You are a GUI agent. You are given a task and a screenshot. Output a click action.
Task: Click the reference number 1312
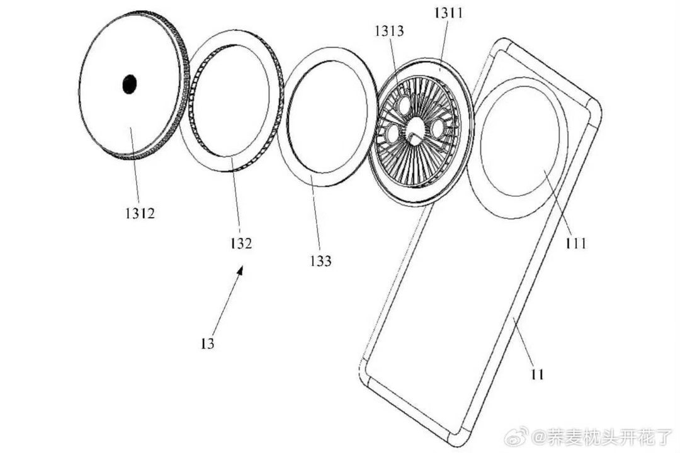(x=140, y=213)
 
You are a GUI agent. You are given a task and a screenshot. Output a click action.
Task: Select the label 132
(x=241, y=243)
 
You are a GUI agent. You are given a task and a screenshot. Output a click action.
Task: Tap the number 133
(x=320, y=261)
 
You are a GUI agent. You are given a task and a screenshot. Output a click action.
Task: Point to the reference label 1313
(x=390, y=31)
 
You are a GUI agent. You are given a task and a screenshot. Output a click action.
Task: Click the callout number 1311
(x=448, y=13)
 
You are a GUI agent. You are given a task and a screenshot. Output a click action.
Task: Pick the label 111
(x=575, y=243)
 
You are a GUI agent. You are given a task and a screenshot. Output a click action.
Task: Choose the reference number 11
(x=537, y=374)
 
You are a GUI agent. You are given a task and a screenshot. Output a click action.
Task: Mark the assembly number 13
(x=208, y=344)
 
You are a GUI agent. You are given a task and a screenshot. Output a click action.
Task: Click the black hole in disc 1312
(x=129, y=84)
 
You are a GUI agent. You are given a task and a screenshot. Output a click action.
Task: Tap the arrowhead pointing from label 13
(x=240, y=271)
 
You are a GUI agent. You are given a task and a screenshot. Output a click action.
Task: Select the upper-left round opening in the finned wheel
(x=404, y=105)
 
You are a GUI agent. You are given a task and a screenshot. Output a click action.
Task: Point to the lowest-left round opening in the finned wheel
(x=392, y=134)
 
